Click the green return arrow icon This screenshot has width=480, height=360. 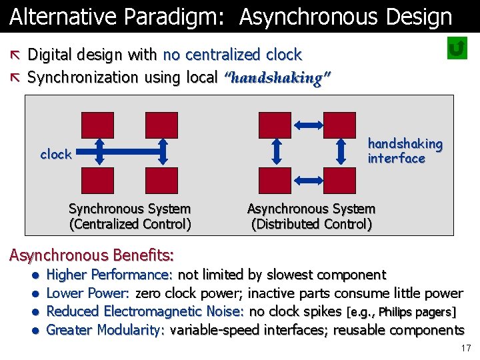(x=457, y=49)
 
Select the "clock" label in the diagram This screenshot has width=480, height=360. (x=56, y=155)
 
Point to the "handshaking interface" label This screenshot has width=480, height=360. (x=405, y=151)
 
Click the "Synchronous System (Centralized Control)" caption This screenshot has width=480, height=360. (x=130, y=217)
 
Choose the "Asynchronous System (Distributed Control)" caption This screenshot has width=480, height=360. (x=311, y=217)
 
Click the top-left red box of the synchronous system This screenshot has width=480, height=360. (x=97, y=125)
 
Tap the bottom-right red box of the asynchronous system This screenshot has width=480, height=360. (x=340, y=181)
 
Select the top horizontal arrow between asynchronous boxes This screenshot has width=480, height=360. (x=307, y=125)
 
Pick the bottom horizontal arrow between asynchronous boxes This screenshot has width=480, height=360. (x=307, y=180)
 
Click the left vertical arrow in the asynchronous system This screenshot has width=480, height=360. (x=278, y=152)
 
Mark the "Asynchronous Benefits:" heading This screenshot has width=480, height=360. (x=91, y=255)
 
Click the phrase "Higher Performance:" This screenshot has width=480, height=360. (x=110, y=275)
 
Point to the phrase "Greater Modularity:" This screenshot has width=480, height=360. (x=105, y=330)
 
